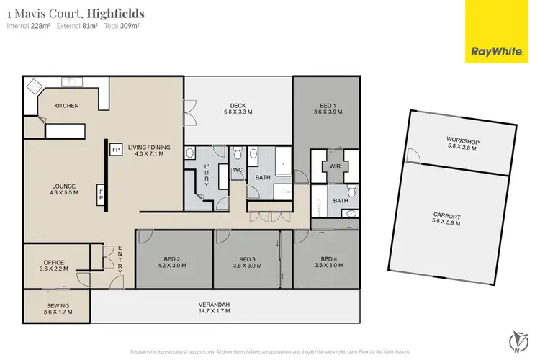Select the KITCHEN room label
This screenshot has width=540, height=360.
point(66,106)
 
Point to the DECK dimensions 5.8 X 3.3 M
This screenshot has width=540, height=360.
point(238,112)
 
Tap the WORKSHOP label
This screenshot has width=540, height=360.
point(462,141)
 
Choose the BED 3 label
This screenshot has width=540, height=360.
point(247,259)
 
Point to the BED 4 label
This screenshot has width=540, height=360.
point(328,259)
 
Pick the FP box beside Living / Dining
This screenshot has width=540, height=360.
point(115,150)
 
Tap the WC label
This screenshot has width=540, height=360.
point(236,170)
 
